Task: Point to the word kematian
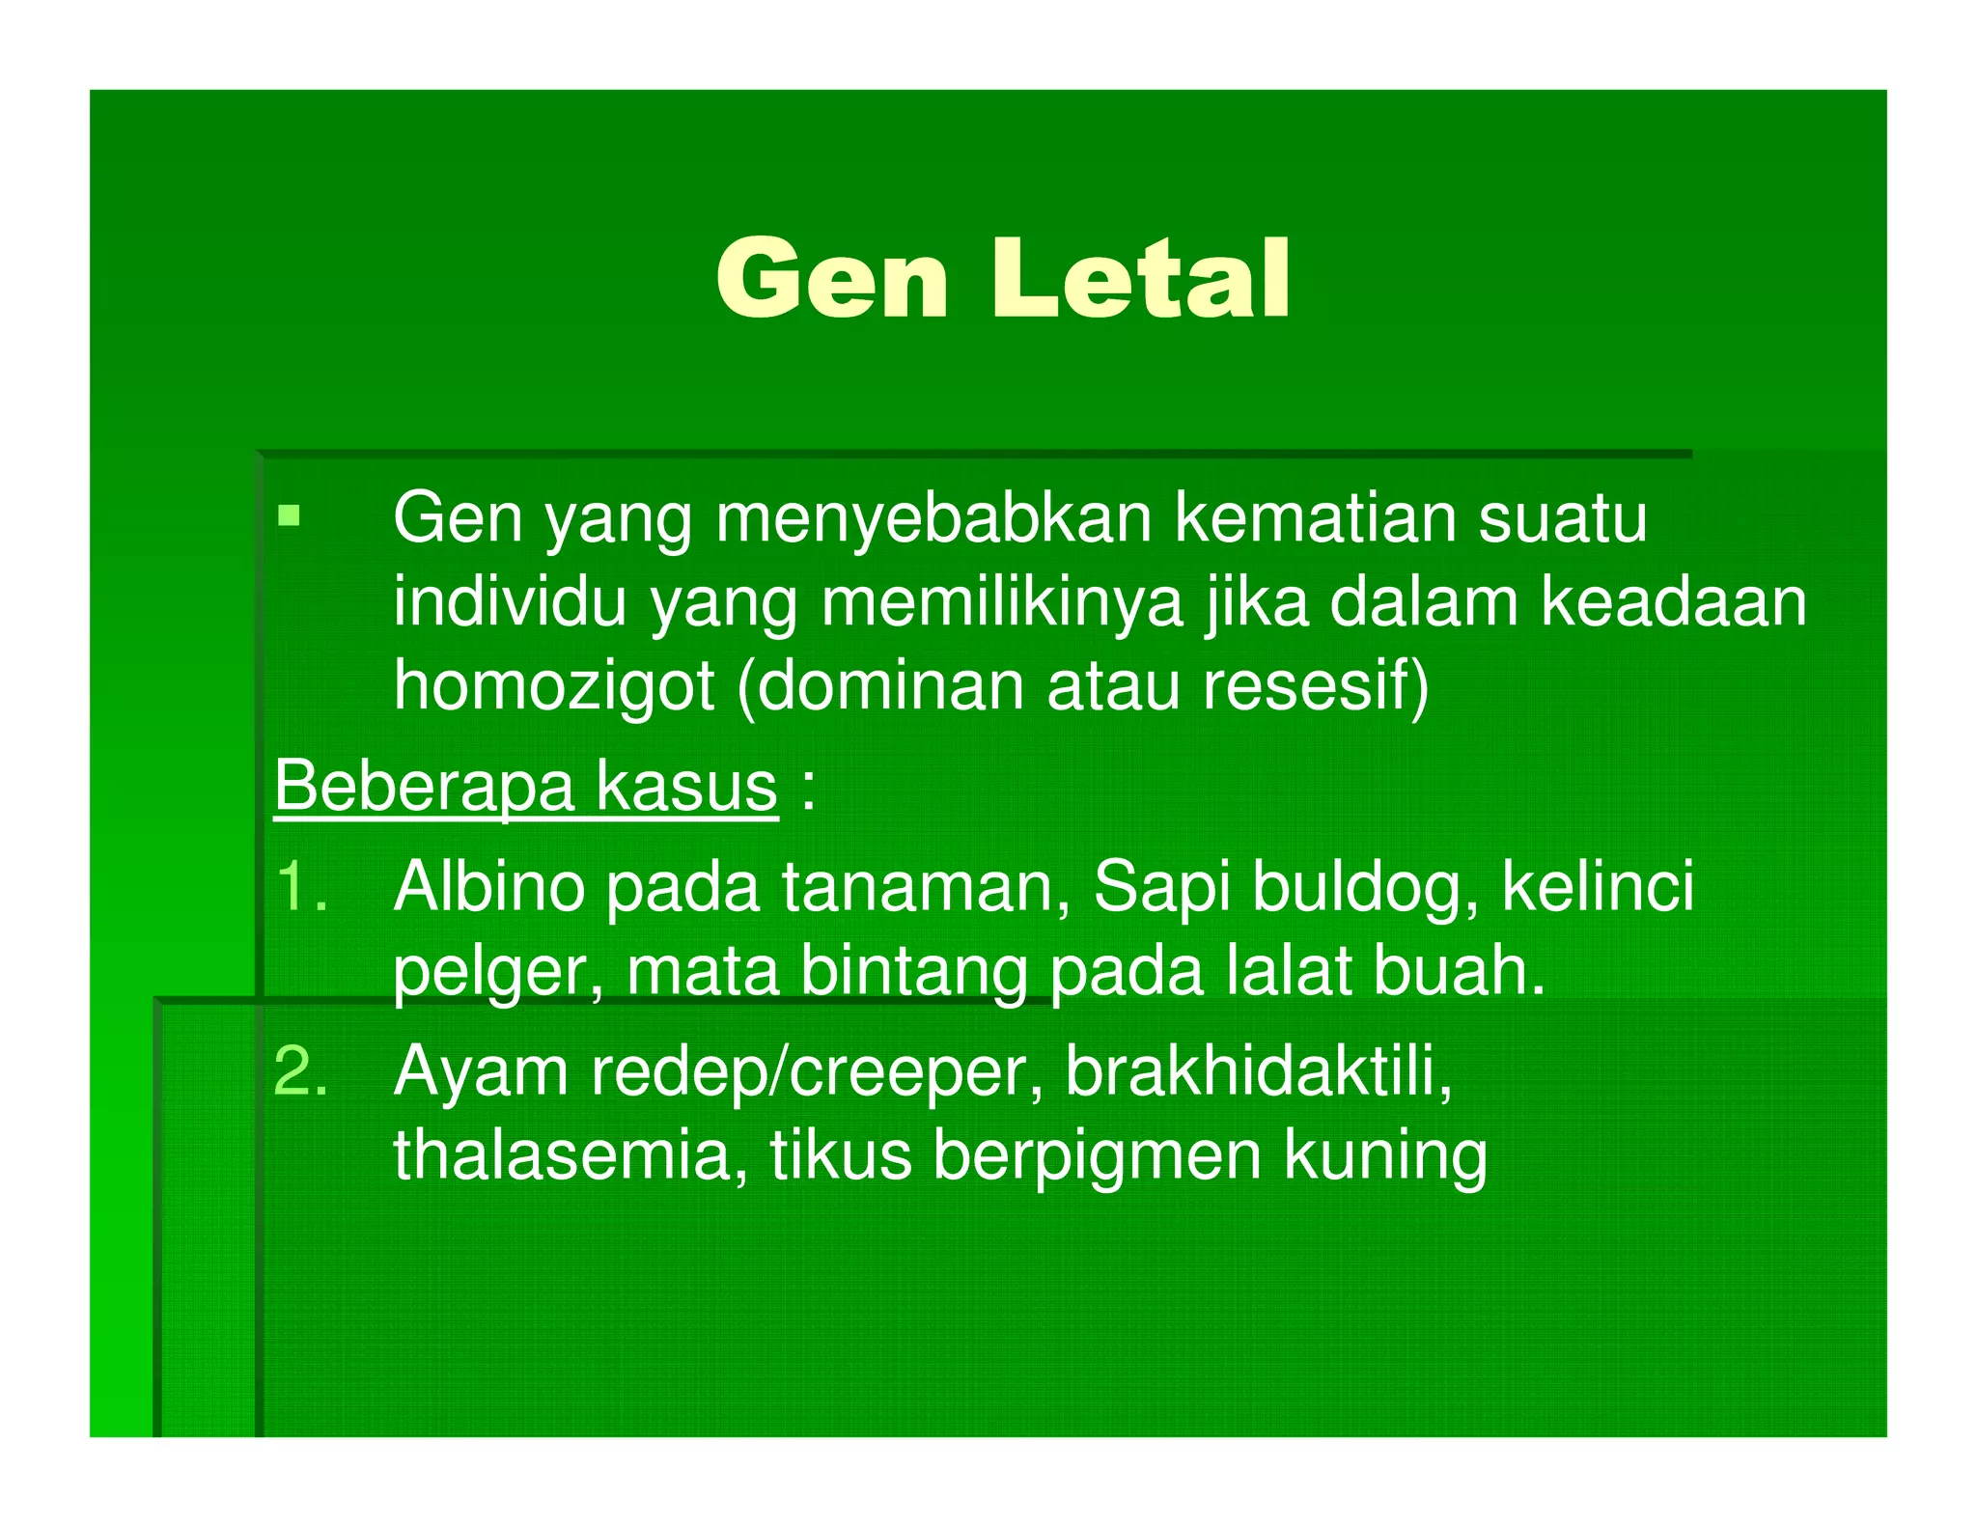point(1315,519)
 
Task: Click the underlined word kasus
point(685,786)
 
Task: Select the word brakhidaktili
point(1258,1070)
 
